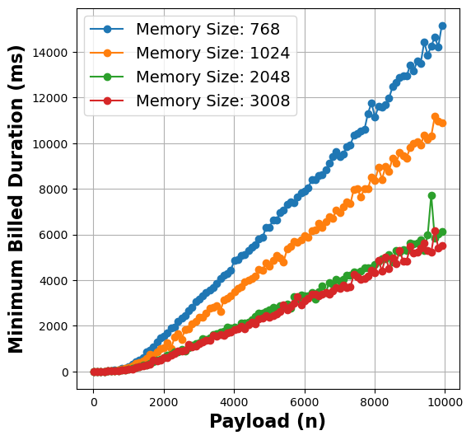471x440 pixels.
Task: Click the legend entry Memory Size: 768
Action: point(208,30)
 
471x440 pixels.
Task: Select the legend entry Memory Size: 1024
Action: point(212,54)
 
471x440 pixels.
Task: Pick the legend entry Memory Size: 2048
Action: point(212,77)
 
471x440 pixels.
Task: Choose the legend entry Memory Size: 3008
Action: point(212,101)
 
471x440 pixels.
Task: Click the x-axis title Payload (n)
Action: point(268,422)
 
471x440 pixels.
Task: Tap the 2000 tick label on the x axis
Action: point(164,400)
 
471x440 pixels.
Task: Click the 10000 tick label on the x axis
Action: point(445,400)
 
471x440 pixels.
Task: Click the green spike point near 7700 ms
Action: point(431,196)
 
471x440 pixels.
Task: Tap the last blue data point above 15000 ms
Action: point(442,26)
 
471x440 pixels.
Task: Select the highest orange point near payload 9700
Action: point(435,117)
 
